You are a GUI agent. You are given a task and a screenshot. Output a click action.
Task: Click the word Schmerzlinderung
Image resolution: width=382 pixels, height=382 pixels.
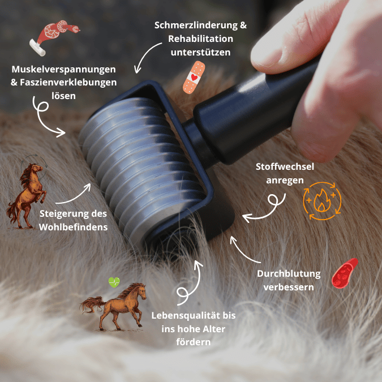[184, 25]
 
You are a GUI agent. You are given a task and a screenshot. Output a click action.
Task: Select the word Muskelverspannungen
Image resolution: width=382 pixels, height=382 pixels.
[63, 70]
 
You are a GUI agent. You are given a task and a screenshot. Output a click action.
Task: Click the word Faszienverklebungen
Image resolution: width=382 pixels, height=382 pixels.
[69, 83]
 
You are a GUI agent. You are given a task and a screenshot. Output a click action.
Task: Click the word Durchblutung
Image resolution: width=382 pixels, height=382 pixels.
[289, 274]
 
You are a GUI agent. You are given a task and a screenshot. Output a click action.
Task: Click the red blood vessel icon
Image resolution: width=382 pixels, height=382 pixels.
[345, 273]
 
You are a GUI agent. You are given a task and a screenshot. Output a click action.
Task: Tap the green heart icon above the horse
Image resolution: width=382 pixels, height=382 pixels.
[114, 282]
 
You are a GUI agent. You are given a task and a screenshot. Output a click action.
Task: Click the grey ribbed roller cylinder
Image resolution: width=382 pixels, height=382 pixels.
[141, 164]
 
